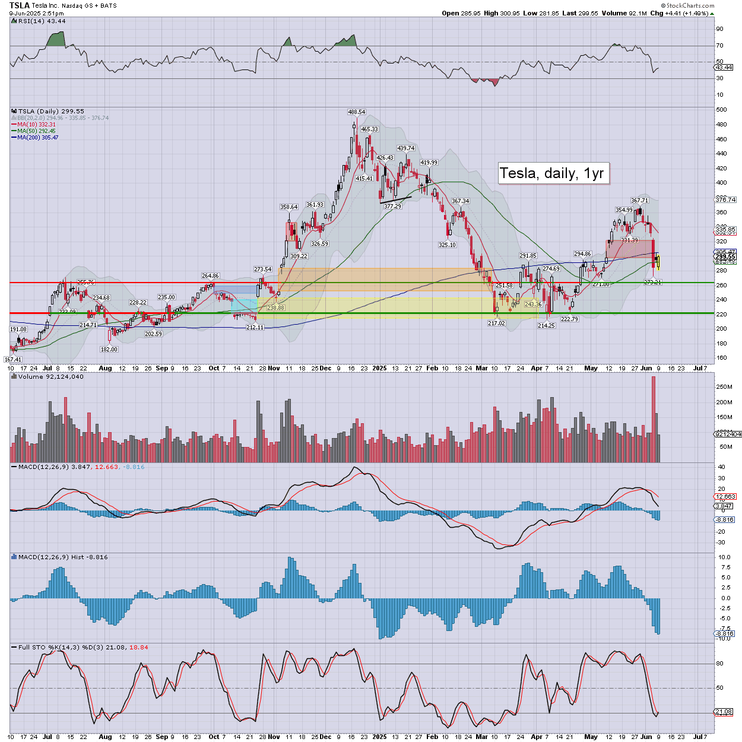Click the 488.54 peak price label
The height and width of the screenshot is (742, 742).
tap(356, 112)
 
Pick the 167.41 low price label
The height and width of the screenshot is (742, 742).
tap(12, 359)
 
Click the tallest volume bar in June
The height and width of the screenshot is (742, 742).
tap(654, 419)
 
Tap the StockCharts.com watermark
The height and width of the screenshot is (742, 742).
tap(690, 5)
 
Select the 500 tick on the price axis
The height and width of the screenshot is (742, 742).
tap(721, 110)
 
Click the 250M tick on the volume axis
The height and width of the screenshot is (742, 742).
tap(724, 387)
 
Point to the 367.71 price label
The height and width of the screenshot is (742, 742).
tap(639, 201)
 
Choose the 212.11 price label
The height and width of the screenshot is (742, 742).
tap(255, 327)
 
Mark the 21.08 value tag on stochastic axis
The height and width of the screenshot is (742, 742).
tap(724, 712)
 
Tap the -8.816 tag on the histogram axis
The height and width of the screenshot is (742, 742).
tap(725, 633)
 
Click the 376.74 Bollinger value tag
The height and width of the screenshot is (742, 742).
tap(725, 200)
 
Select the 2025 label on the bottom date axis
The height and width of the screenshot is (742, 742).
tap(379, 737)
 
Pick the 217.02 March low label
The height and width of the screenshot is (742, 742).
tap(496, 323)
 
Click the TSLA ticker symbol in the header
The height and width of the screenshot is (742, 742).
tap(20, 5)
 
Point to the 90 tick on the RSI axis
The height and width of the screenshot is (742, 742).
tap(719, 28)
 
